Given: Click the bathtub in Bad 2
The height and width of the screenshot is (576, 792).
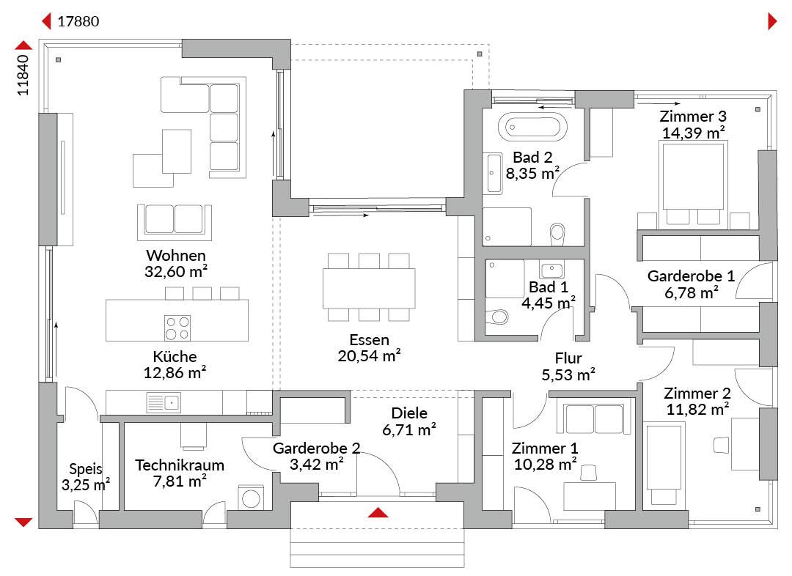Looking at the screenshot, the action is pos(532,126).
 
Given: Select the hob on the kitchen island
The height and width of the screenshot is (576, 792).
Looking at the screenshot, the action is pos(177,328).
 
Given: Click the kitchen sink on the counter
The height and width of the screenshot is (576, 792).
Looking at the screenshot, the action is pos(163,403).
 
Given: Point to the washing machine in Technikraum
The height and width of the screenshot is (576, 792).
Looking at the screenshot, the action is pos(251,498).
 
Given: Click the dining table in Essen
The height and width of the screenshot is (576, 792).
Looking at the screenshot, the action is pos(369,288).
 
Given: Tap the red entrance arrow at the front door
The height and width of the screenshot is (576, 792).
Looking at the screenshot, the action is pos(378,513).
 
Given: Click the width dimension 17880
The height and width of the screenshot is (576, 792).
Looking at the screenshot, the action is pos(78,22).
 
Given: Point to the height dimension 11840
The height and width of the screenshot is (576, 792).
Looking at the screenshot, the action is pos(23,75).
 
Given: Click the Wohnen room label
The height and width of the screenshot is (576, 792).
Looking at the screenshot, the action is pos(176,255).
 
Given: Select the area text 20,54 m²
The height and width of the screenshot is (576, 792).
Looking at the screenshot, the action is pos(369,356).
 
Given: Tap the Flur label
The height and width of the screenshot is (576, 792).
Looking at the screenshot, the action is pos(568,358).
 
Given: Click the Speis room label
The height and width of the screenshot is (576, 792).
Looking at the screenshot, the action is pos(86,469).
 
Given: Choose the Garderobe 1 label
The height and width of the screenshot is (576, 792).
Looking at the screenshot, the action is pos(691,276).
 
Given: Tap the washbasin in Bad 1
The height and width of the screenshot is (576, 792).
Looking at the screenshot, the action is pos(551,270).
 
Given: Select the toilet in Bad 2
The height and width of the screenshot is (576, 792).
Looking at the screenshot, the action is pos(557,234).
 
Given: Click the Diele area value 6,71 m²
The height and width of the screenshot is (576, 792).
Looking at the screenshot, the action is pos(409,429).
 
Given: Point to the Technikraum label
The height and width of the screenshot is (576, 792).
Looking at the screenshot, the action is pos(180,465).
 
